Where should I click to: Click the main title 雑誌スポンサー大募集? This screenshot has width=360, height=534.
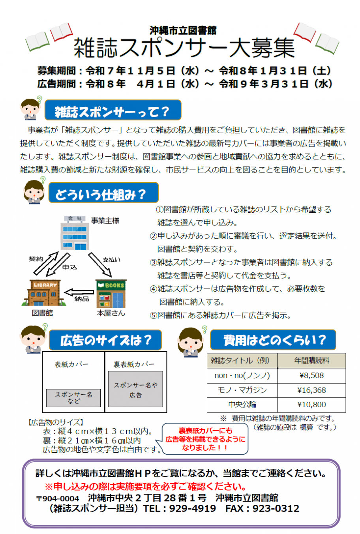point(184,48)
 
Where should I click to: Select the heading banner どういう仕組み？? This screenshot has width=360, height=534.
point(103,193)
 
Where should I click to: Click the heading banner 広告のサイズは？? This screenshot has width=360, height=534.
point(105,340)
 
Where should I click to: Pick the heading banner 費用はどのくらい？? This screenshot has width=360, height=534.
point(273,340)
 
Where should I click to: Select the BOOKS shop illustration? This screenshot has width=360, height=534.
point(111,294)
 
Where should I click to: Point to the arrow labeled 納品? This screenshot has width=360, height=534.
point(79,292)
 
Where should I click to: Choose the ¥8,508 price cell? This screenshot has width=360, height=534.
point(311,375)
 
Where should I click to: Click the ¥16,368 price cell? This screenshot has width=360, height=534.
point(311,390)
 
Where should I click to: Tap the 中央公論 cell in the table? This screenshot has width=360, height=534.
point(242,405)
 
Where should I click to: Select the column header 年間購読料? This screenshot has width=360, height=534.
point(311,360)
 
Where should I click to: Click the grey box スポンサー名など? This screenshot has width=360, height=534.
point(73,398)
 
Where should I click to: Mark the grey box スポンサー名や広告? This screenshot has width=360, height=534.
point(135,389)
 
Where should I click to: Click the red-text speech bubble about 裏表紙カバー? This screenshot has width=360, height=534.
point(205,439)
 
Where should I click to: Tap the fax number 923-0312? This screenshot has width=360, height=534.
point(276,508)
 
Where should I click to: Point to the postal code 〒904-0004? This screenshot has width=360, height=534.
point(58,498)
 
